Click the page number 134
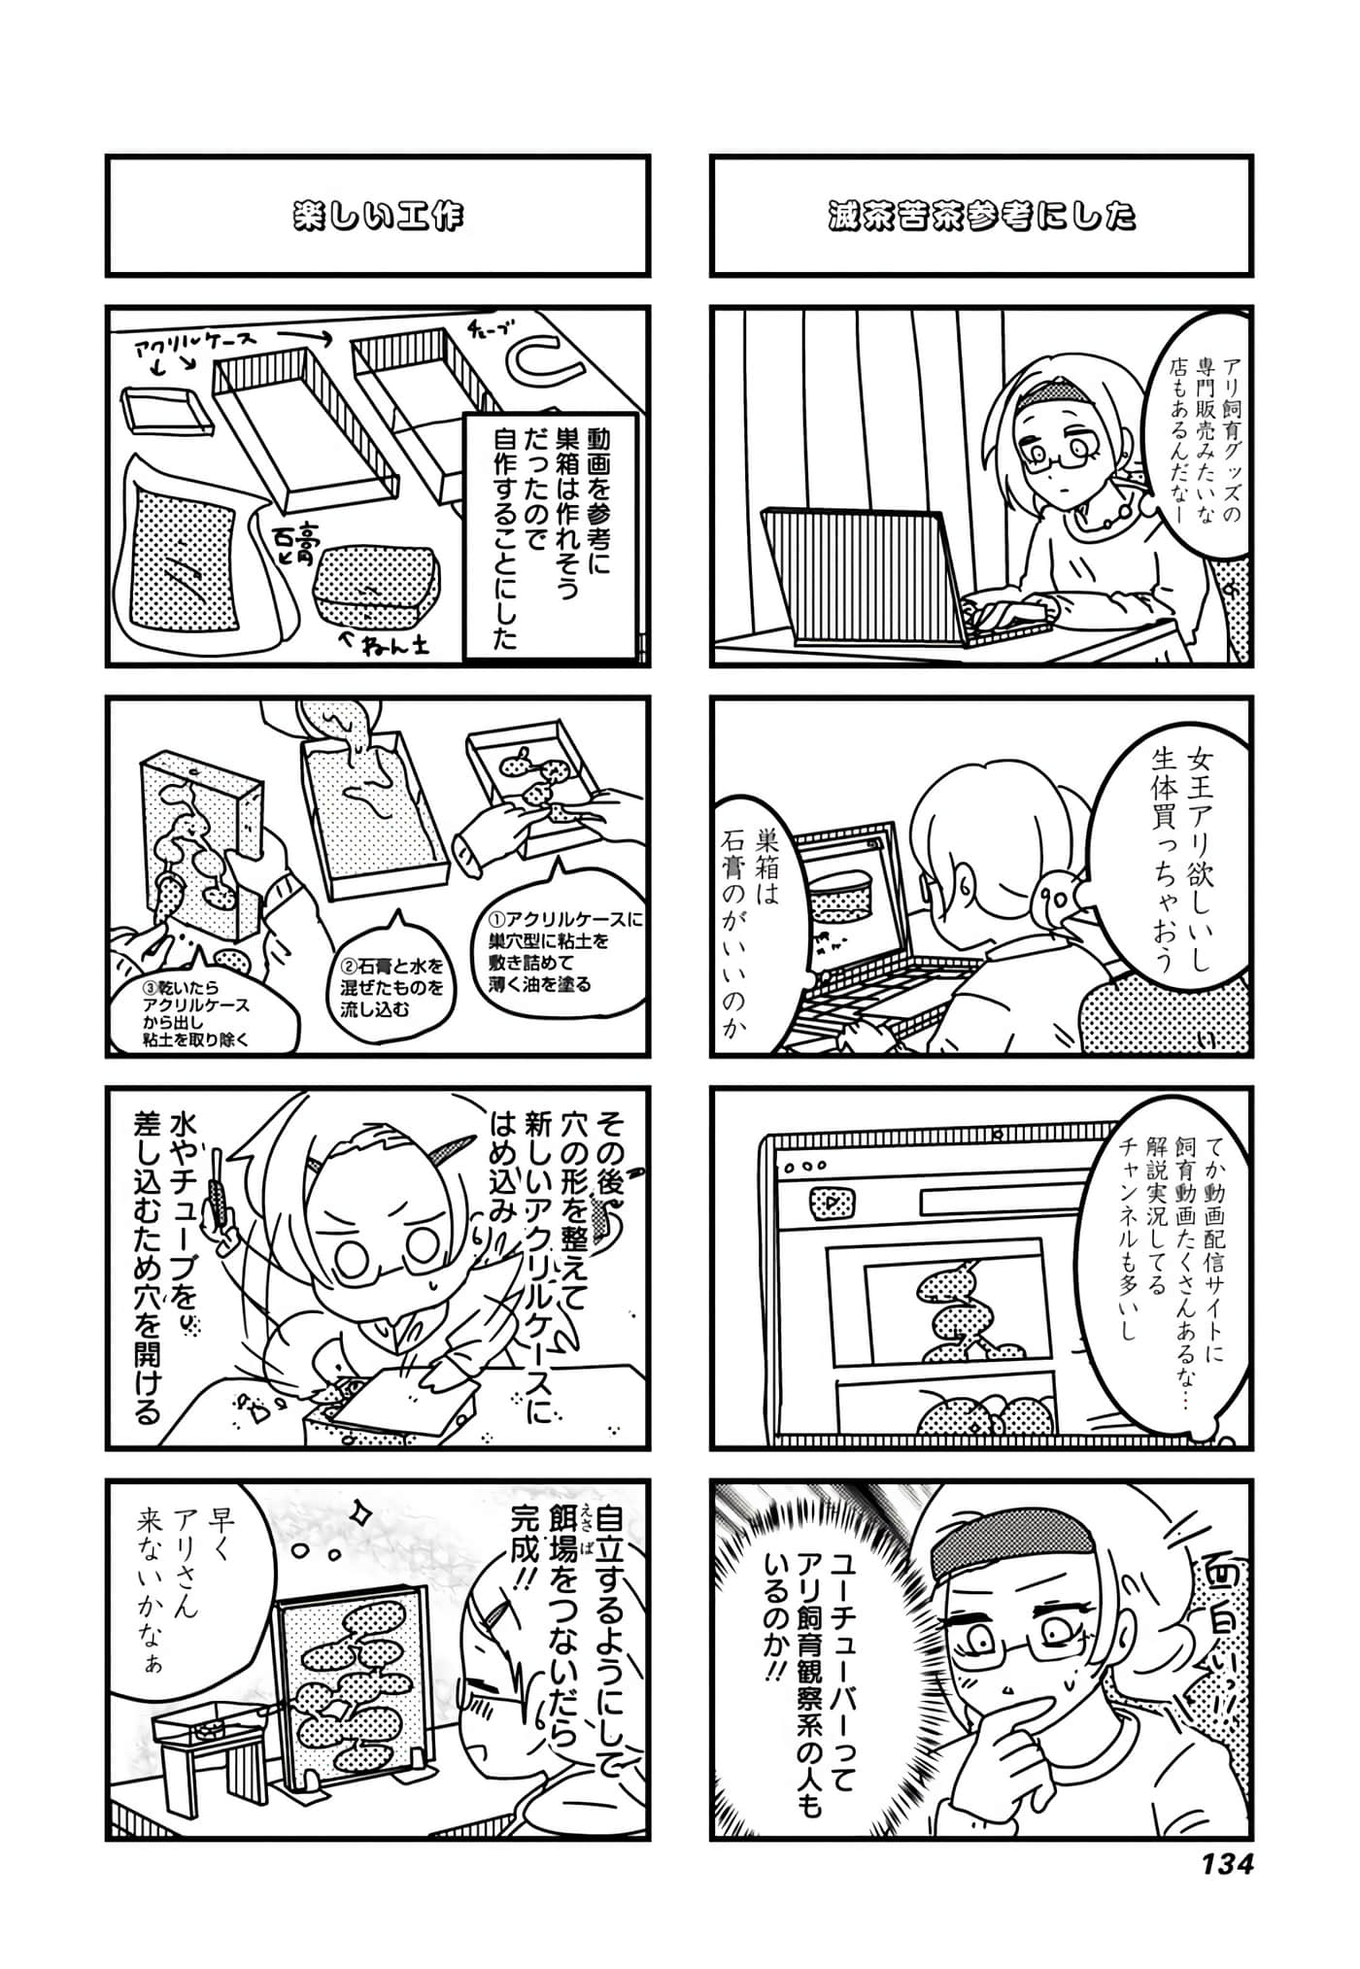click(x=1227, y=1864)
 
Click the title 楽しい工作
click(x=378, y=216)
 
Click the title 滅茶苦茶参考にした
click(x=981, y=216)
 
